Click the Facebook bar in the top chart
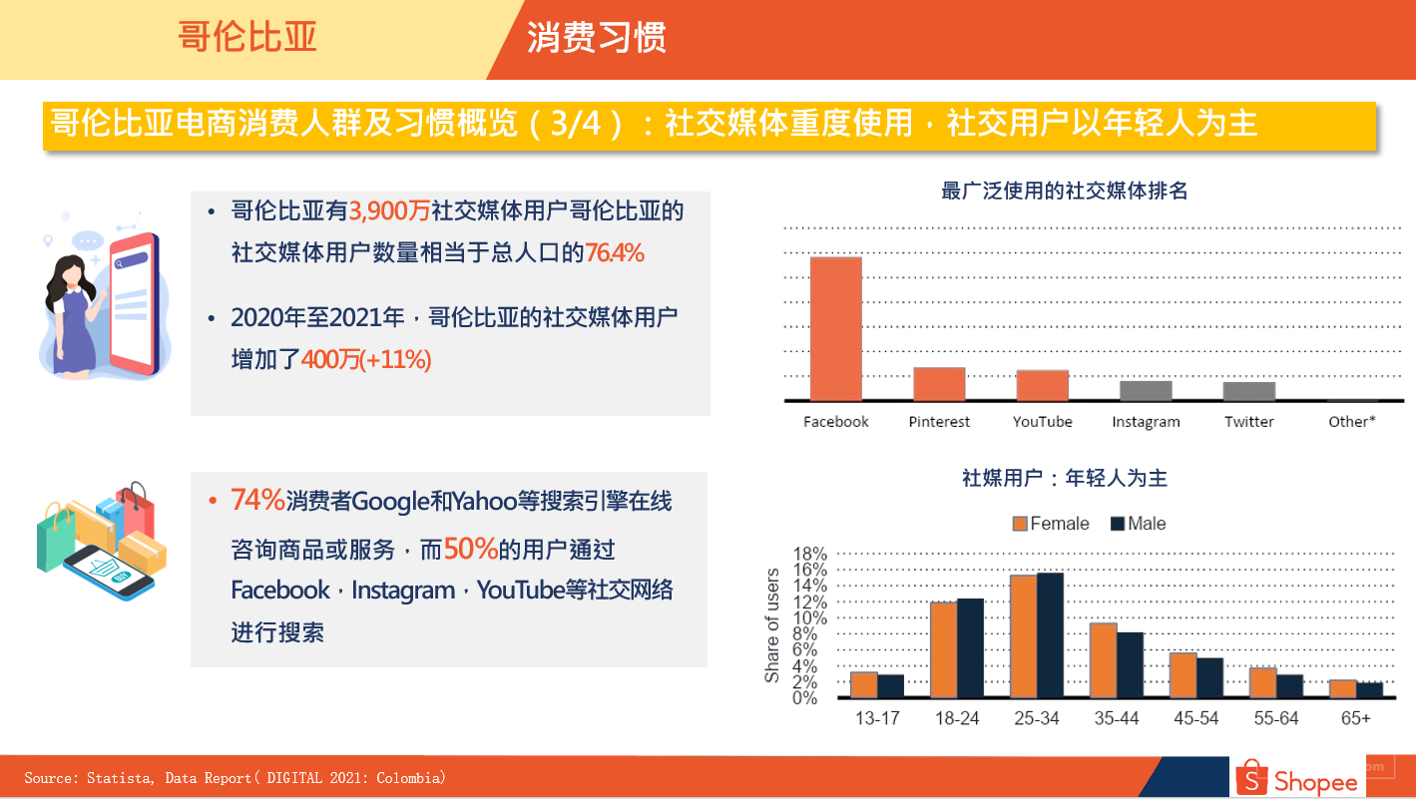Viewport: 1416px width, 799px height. tap(835, 328)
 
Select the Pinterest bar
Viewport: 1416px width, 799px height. tap(939, 384)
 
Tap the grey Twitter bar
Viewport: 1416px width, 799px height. tap(1248, 391)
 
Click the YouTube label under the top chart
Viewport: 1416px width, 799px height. tap(1043, 422)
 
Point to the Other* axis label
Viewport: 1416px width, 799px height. tap(1351, 422)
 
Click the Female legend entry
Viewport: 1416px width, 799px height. tap(1051, 524)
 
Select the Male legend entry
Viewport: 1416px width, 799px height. tap(1139, 524)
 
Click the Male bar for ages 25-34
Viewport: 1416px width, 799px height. tap(1050, 634)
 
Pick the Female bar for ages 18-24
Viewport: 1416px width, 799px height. tap(944, 649)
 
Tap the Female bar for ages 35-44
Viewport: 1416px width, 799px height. tap(1103, 660)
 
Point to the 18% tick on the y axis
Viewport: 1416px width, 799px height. tap(809, 554)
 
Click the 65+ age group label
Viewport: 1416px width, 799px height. tap(1355, 718)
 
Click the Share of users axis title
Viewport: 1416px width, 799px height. tap(771, 625)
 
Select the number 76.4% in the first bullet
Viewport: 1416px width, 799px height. tap(615, 252)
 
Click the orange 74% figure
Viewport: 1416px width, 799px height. tap(257, 500)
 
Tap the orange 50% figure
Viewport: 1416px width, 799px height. tap(471, 549)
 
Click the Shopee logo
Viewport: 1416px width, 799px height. tap(1297, 778)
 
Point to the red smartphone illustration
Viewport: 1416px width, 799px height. tap(134, 303)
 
